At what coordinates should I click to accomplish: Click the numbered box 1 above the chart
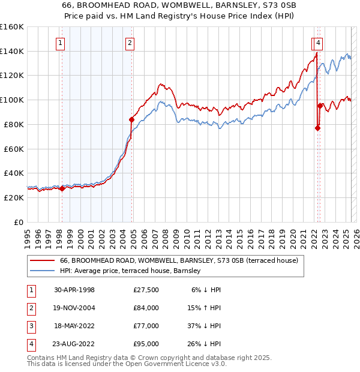[x=61, y=42]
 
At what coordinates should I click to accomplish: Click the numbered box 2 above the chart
[x=130, y=42]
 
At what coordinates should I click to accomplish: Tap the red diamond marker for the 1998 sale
[x=62, y=188]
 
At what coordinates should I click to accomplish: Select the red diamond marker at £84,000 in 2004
[x=131, y=119]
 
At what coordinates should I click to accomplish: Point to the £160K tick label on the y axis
[x=12, y=27]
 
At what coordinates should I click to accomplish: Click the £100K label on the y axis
[x=12, y=100]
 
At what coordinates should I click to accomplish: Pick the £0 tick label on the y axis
[x=18, y=222]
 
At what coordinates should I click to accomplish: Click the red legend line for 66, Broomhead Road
[x=41, y=260]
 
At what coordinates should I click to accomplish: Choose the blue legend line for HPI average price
[x=41, y=271]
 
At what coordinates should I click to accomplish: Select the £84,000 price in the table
[x=145, y=307]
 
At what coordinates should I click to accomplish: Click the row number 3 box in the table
[x=31, y=325]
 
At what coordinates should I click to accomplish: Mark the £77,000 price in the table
[x=145, y=325]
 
